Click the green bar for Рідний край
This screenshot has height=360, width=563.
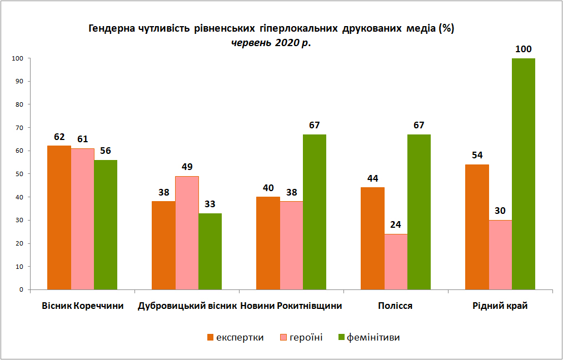pyautogui.click(x=523, y=174)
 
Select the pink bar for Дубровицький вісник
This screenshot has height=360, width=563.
pyautogui.click(x=187, y=233)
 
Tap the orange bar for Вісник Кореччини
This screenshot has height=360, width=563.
pyautogui.click(x=59, y=218)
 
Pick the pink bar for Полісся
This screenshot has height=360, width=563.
pyautogui.click(x=396, y=262)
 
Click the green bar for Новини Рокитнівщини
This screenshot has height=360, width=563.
pyautogui.click(x=315, y=212)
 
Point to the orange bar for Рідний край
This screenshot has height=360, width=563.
pyautogui.click(x=477, y=227)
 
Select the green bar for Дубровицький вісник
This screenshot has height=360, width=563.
pyautogui.click(x=210, y=251)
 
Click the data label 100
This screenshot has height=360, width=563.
pyautogui.click(x=523, y=49)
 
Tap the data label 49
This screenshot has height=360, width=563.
pyautogui.click(x=187, y=167)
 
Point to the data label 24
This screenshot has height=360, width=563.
pyautogui.click(x=396, y=225)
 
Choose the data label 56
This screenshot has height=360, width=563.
pyautogui.click(x=106, y=151)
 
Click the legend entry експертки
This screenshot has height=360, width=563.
pyautogui.click(x=236, y=337)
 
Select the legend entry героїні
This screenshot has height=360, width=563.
pyautogui.click(x=301, y=337)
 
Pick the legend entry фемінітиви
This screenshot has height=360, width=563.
pyautogui.click(x=369, y=337)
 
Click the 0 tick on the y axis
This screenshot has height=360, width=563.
pyautogui.click(x=21, y=289)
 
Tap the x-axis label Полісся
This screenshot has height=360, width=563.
pyautogui.click(x=395, y=306)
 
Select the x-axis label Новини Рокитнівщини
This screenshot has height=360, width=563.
pyautogui.click(x=291, y=306)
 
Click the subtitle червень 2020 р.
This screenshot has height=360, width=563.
pyautogui.click(x=271, y=43)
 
